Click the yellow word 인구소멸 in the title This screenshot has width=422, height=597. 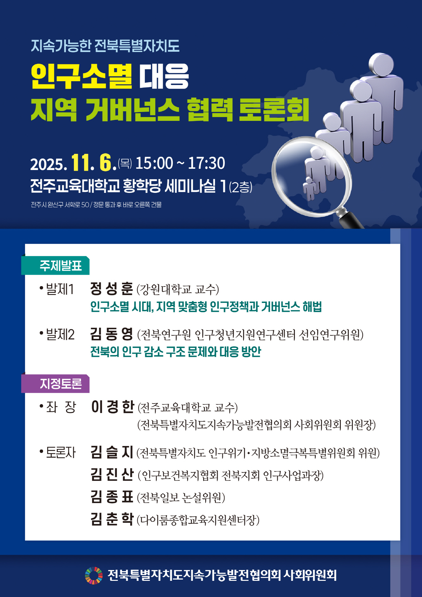[81, 76]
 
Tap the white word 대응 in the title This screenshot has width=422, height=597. [164, 76]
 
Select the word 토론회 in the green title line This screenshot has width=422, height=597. [274, 109]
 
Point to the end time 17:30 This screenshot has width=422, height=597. [206, 163]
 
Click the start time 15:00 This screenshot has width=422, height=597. [154, 163]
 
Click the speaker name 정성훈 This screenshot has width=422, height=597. [112, 288]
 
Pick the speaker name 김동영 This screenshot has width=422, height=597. [112, 334]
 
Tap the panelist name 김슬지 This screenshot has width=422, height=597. [112, 452]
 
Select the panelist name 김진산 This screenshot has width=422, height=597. [112, 475]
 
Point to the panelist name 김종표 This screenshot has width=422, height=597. [112, 497]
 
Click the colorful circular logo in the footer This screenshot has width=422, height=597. [94, 575]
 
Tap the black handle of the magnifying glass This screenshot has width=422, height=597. [351, 220]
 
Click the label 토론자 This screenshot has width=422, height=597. [61, 453]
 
